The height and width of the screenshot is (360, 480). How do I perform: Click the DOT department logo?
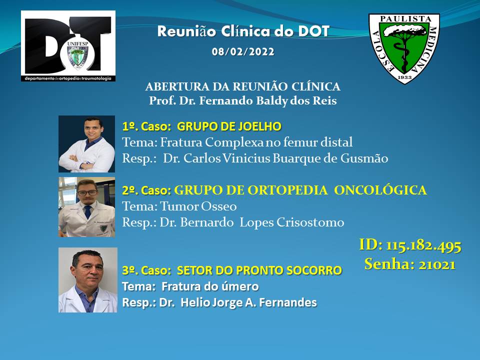pos(68,46)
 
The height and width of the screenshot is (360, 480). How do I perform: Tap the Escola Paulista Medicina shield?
pos(404,48)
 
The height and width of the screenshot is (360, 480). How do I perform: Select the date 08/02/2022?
pos(243,51)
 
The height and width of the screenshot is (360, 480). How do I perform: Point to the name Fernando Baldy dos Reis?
pos(268,100)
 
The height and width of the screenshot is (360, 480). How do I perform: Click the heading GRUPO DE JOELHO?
pos(229,126)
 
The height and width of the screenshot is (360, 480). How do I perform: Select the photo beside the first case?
pos(86,144)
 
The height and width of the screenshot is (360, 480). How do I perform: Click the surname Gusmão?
pos(364,158)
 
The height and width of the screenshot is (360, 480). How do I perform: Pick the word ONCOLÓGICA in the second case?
pos(380,190)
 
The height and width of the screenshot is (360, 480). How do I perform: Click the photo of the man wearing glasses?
pos(86,207)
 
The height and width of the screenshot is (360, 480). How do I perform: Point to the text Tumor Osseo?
pos(198,206)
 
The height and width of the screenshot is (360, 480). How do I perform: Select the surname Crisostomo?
pos(310,222)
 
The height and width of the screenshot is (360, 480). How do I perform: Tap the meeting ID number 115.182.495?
pos(423,245)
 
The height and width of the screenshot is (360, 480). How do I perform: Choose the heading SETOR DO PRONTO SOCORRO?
pos(259,270)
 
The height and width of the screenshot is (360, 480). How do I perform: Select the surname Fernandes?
pos(288,302)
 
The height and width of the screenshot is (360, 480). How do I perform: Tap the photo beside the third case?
pos(88,280)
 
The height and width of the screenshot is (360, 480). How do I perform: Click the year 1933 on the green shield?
pos(404,77)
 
